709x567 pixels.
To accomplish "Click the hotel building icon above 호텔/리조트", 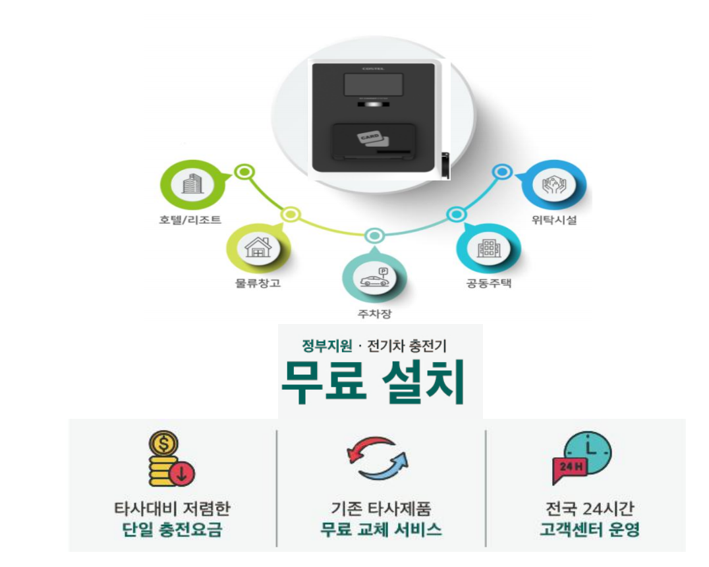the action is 192,185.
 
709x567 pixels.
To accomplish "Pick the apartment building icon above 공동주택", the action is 488,248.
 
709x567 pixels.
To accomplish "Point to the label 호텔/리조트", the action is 190,220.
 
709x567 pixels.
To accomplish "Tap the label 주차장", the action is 374,313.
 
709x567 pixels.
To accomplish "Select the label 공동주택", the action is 488,284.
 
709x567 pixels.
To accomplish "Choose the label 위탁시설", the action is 554,221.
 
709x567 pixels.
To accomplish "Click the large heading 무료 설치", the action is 374,383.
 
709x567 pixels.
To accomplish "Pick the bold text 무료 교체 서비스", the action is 381,530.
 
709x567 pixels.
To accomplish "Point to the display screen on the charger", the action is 373,86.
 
